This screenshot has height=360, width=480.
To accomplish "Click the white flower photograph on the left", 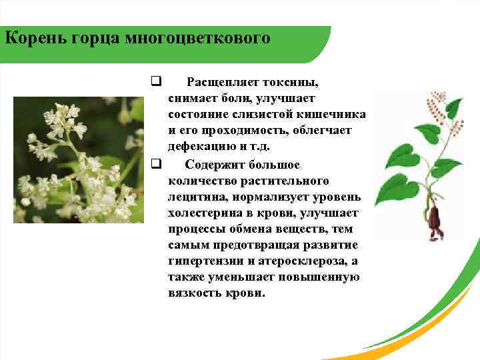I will coord(79,160).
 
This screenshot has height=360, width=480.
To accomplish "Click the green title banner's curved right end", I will coord(320,44).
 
